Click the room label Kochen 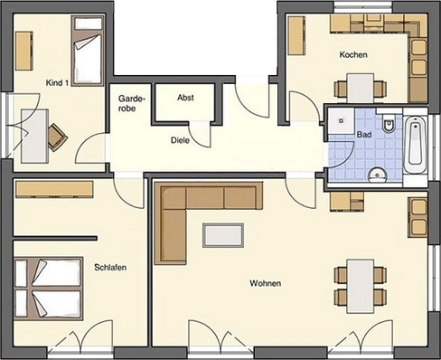pyautogui.click(x=353, y=55)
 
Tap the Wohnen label pyautogui.click(x=266, y=283)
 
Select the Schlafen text pyautogui.click(x=110, y=268)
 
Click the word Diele pyautogui.click(x=180, y=140)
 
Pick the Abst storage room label pyautogui.click(x=185, y=98)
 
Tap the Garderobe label pyautogui.click(x=132, y=103)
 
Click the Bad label pyautogui.click(x=364, y=135)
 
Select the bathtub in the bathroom pyautogui.click(x=415, y=145)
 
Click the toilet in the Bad pyautogui.click(x=389, y=124)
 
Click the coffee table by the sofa pyautogui.click(x=223, y=235)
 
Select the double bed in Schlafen pyautogui.click(x=49, y=289)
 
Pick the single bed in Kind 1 pyautogui.click(x=88, y=51)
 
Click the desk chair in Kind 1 pyautogui.click(x=57, y=137)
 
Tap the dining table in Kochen pyautogui.click(x=361, y=88)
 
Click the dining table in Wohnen pyautogui.click(x=361, y=286)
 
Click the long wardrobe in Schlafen pyautogui.click(x=54, y=189)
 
